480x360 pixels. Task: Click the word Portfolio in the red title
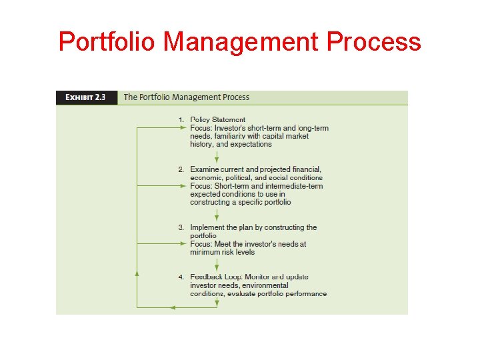tap(107, 42)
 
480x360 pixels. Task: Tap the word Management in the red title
tap(241, 42)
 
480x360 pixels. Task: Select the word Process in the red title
tap(374, 42)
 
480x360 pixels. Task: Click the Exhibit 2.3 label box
tap(86, 97)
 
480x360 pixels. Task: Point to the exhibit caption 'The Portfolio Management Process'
tap(187, 97)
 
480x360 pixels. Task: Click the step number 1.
tap(181, 120)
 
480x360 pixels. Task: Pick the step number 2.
tap(181, 169)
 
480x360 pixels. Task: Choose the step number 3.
tap(181, 227)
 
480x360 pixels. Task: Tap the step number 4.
tap(181, 277)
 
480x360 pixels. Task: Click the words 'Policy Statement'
tap(217, 120)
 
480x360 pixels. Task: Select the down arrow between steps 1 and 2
tap(217, 157)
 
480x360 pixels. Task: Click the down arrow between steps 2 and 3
tap(217, 215)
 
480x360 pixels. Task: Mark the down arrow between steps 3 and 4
tap(217, 265)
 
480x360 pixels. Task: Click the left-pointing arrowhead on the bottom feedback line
tap(173, 307)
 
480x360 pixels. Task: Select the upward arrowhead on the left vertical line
tap(137, 273)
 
